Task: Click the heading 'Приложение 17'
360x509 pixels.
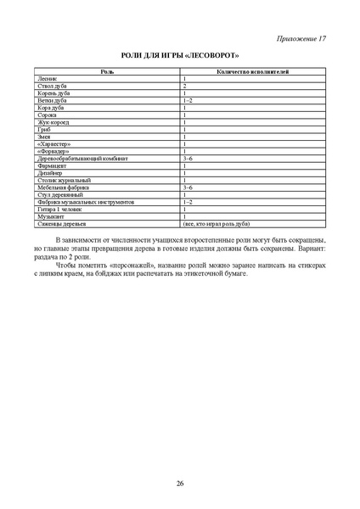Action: [303, 39]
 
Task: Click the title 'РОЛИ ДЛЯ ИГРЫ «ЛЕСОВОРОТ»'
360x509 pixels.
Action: [180, 56]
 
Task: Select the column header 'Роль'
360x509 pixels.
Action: [108, 71]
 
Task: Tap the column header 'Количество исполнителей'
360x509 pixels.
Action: [253, 71]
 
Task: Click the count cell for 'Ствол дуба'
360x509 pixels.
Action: [184, 87]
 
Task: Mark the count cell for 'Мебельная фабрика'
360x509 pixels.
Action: [188, 187]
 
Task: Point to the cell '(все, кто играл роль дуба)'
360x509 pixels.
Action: [216, 224]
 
